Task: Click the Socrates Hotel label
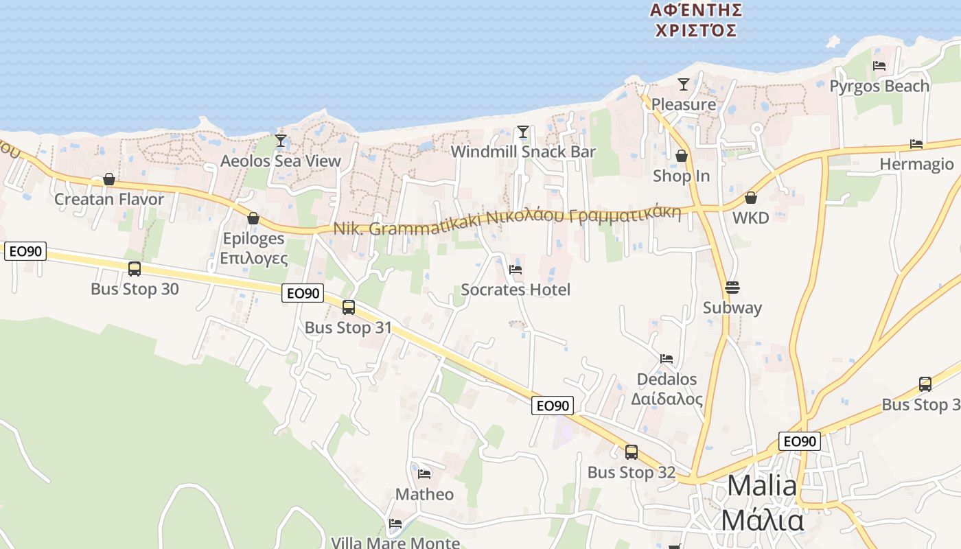pos(516,290)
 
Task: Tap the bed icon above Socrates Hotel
pos(516,269)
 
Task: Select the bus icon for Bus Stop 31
pos(349,307)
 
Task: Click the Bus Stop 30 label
pos(135,289)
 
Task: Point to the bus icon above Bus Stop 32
pos(631,452)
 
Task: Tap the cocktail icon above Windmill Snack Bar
pos(523,131)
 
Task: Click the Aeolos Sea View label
pos(280,161)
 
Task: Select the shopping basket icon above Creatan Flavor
pos(108,179)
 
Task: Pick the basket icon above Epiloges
pos(253,218)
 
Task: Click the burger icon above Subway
pos(732,287)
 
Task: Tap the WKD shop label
pos(750,218)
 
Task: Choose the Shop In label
pos(681,176)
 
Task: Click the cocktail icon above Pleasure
pos(683,84)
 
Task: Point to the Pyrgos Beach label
pos(879,86)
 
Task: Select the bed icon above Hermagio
pos(916,144)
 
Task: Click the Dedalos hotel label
pos(667,379)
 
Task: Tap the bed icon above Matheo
pos(424,474)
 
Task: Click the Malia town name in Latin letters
pos(762,486)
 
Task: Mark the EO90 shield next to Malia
pos(800,441)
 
